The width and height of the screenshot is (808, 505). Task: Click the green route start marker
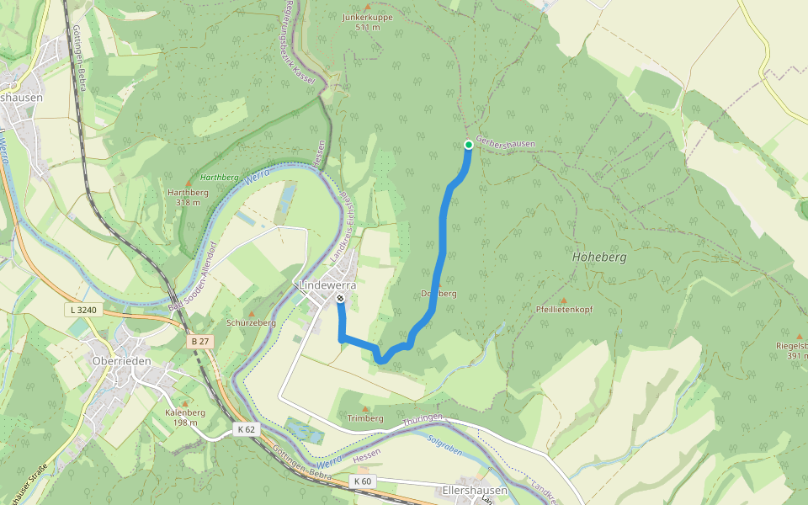pos(469,144)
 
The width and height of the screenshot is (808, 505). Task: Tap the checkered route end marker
pos(340,299)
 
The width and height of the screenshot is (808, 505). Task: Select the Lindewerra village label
pos(327,285)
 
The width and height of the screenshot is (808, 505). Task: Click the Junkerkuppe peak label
pos(368,17)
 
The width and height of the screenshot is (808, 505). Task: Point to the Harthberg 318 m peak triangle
pos(188,183)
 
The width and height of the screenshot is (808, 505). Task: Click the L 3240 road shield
pos(82,311)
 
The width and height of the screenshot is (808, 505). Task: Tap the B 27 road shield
pos(199,341)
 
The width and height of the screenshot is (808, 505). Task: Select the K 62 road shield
pos(245,429)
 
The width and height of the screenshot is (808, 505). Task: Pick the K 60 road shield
pos(362,481)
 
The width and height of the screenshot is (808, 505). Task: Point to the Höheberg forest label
pos(598,258)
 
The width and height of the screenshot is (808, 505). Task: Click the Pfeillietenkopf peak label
pos(564,310)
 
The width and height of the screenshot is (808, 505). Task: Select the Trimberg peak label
pos(364,418)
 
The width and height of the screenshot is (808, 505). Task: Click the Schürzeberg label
pos(251,323)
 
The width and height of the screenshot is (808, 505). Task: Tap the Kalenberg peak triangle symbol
pos(185,403)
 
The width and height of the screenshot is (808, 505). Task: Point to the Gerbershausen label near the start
pos(505,144)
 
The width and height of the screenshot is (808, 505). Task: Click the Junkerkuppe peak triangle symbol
pos(367,7)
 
